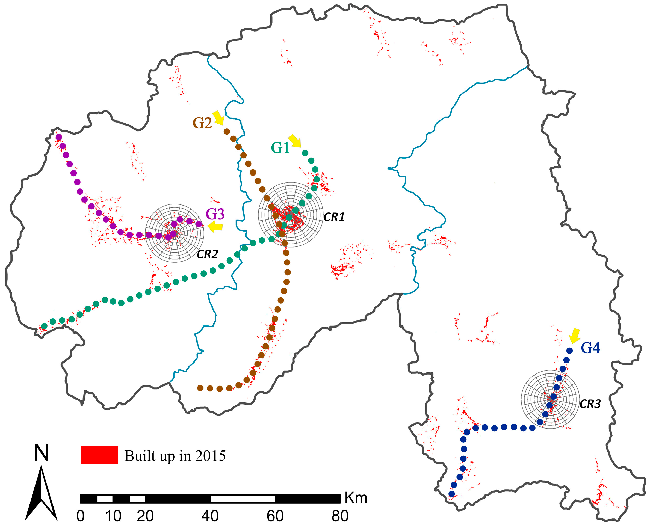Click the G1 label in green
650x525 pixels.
(280, 148)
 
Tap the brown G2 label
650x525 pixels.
(202, 123)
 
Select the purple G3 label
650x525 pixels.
(215, 214)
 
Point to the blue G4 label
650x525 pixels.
(590, 348)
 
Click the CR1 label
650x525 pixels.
(334, 217)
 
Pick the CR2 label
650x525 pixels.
(207, 254)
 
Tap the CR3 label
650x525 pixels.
(590, 404)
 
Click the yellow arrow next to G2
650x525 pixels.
(218, 118)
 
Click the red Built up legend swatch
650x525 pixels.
(99, 455)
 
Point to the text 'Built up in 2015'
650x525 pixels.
(175, 456)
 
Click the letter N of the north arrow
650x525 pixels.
(41, 453)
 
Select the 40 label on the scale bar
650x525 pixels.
(210, 516)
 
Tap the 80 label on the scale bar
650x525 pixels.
(340, 516)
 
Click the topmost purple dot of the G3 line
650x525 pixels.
(59, 137)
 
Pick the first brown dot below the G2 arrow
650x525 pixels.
(226, 131)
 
